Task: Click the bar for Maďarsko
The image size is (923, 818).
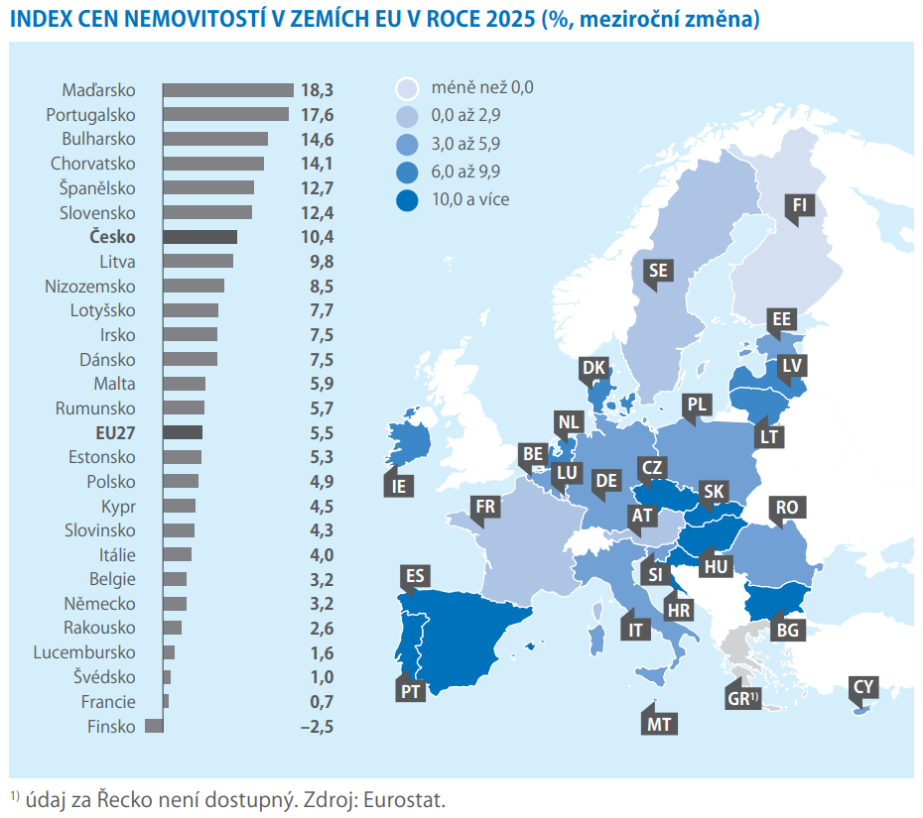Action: coord(228,90)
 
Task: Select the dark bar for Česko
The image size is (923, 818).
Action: coord(200,237)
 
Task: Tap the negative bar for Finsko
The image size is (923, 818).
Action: coord(154,726)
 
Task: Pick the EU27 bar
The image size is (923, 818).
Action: coord(183,432)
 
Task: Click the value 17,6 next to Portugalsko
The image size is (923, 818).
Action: coord(318,115)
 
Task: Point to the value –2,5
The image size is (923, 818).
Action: coord(317,727)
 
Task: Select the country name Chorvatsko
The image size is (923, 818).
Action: coord(92,164)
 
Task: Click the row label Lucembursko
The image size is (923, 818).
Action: coord(84,652)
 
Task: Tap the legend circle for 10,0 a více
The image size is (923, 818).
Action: coord(407,200)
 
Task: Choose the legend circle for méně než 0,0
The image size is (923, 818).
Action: coord(407,88)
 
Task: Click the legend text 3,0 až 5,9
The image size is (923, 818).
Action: coord(465,144)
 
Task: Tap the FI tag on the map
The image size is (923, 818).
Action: coord(799,207)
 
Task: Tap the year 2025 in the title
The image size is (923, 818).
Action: coord(511,20)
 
